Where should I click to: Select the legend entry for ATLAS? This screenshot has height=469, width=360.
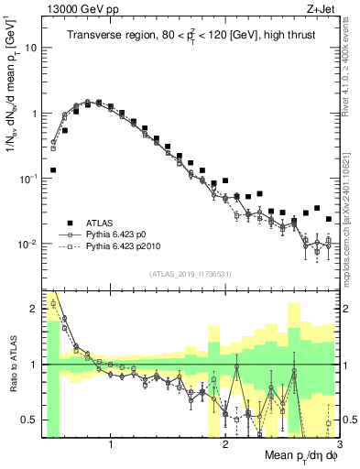(100, 223)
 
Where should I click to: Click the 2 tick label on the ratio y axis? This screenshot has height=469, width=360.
(34, 309)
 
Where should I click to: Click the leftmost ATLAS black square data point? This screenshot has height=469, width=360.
(53, 169)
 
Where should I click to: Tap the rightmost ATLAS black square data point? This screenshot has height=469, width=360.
(329, 219)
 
